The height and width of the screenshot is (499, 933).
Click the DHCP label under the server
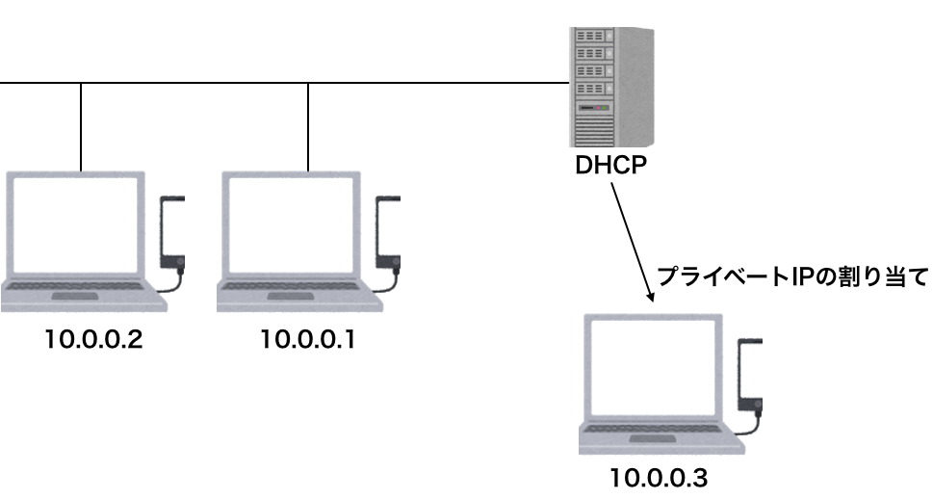[x=610, y=165]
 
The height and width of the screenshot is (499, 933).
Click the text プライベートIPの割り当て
[x=790, y=276]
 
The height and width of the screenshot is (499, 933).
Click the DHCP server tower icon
[x=607, y=85]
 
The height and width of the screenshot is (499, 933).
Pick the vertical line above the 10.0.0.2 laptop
[x=81, y=125]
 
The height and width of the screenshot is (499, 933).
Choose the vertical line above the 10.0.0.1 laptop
[x=308, y=125]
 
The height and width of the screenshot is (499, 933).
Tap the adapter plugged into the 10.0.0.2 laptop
[x=173, y=231]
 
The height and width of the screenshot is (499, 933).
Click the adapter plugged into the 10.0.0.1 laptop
[x=390, y=231]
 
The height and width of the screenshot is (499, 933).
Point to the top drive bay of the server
[x=592, y=37]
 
